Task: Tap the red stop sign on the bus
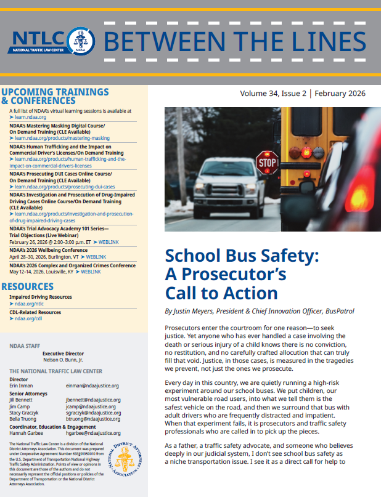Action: click(x=266, y=163)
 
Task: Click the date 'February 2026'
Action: click(x=340, y=94)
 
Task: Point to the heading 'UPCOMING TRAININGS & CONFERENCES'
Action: click(x=55, y=96)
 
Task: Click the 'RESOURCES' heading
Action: click(x=27, y=286)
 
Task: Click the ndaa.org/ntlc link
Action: click(x=29, y=303)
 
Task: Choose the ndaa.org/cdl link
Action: click(x=28, y=319)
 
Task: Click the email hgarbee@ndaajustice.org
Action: click(x=94, y=434)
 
